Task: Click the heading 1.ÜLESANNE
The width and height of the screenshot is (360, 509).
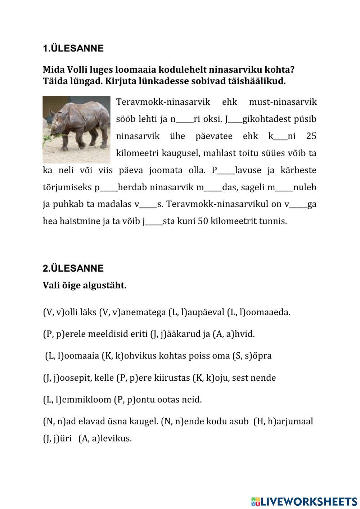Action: click(x=73, y=49)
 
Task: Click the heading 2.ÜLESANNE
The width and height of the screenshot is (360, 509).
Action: click(x=73, y=268)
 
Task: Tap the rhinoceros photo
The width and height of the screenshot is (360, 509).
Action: click(x=76, y=129)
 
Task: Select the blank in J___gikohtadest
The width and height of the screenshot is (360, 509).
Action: click(x=235, y=120)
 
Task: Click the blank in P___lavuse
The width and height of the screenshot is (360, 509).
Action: click(x=226, y=171)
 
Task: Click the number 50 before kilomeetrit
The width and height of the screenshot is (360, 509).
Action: click(x=203, y=221)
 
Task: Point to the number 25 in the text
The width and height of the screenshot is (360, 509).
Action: click(x=311, y=136)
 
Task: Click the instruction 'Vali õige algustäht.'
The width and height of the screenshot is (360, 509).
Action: click(x=85, y=286)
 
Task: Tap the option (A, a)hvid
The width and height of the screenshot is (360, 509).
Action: click(x=234, y=334)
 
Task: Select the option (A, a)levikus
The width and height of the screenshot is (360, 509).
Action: click(x=105, y=439)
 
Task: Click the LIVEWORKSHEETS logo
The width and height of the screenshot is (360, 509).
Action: click(x=304, y=501)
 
